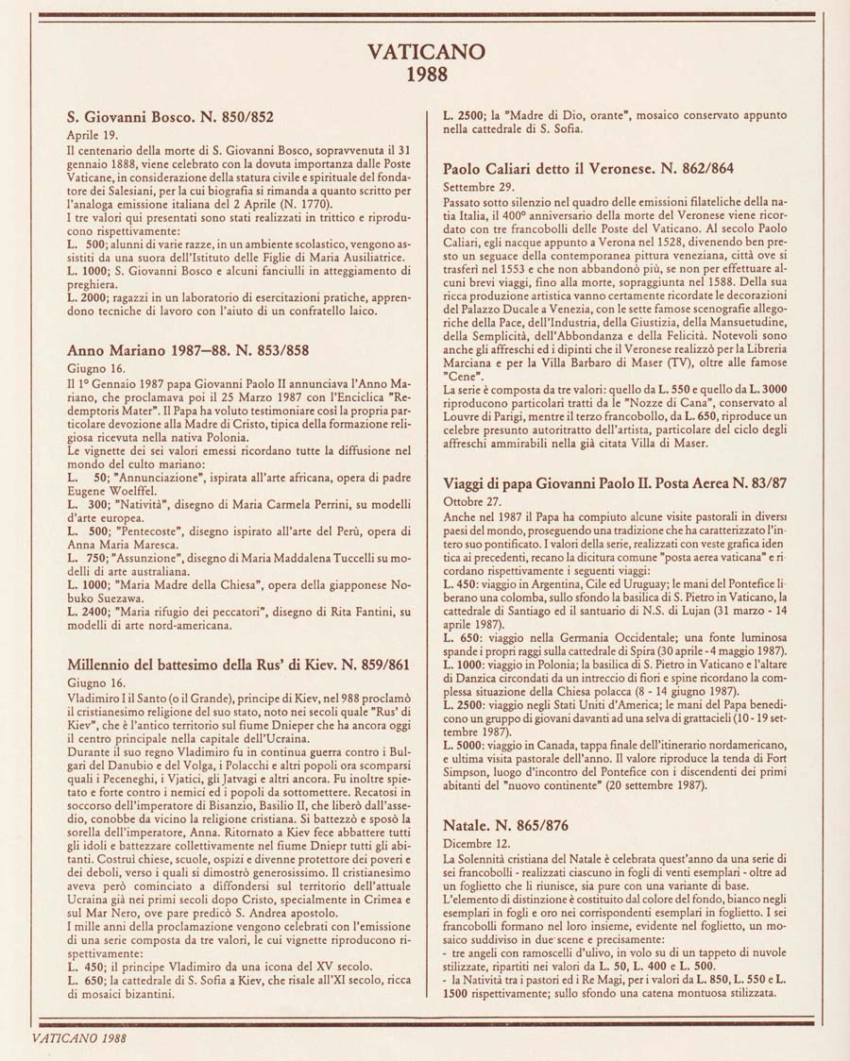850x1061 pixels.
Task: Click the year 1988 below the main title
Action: click(426, 76)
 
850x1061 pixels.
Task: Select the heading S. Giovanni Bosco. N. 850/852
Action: click(171, 118)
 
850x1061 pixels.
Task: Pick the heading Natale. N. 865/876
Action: click(505, 826)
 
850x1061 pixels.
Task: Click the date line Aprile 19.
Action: click(90, 135)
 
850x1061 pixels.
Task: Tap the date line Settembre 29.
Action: click(478, 185)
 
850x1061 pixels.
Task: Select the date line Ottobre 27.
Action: click(472, 500)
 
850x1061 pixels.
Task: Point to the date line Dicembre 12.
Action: click(476, 843)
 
